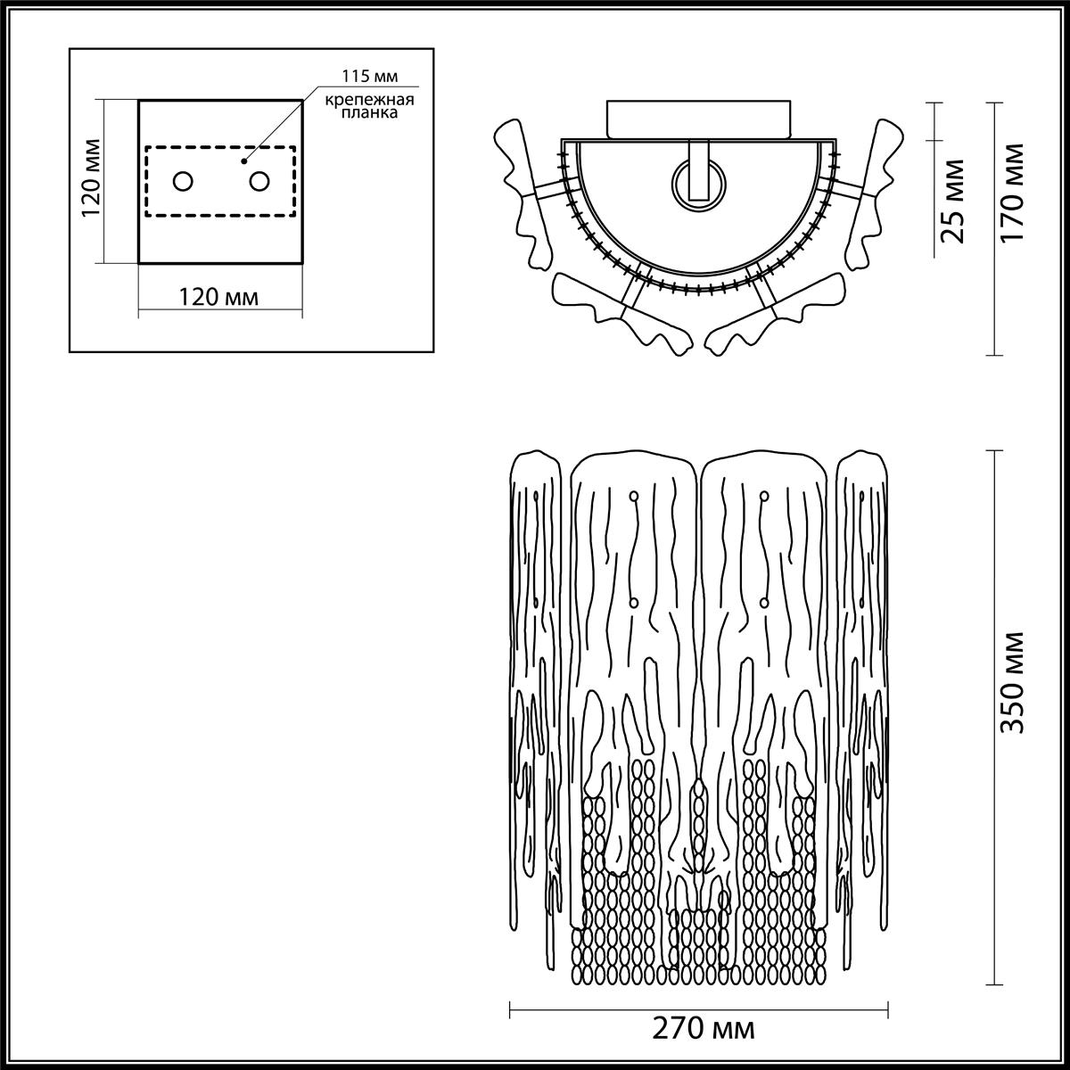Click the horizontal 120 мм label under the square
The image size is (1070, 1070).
pyautogui.click(x=219, y=297)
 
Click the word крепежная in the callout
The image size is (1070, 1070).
pyautogui.click(x=360, y=98)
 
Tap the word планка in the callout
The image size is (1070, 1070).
pyautogui.click(x=360, y=113)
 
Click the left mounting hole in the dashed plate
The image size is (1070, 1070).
pyautogui.click(x=182, y=182)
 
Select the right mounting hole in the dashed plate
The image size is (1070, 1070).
pyautogui.click(x=259, y=182)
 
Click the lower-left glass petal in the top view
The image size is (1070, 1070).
pyautogui.click(x=615, y=308)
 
